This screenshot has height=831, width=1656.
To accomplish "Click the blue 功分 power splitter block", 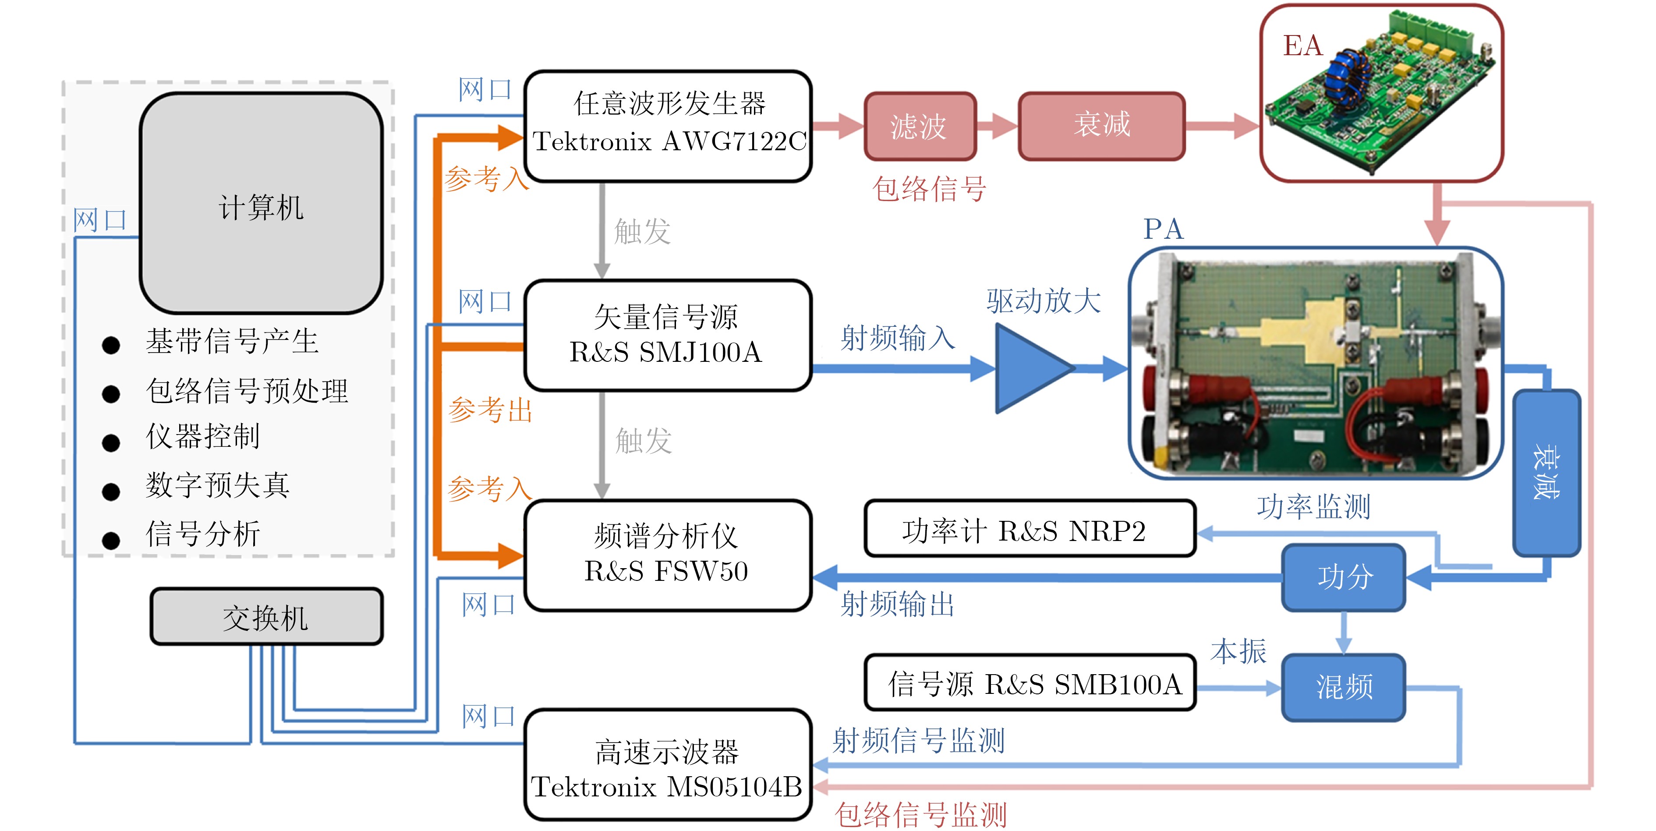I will (1344, 577).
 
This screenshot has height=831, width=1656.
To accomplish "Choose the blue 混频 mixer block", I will (1344, 687).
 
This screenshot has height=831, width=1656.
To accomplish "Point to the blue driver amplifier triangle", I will (1029, 368).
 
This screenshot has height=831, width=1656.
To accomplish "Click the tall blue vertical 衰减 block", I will (1546, 472).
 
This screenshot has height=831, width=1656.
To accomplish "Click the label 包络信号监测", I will (920, 815).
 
